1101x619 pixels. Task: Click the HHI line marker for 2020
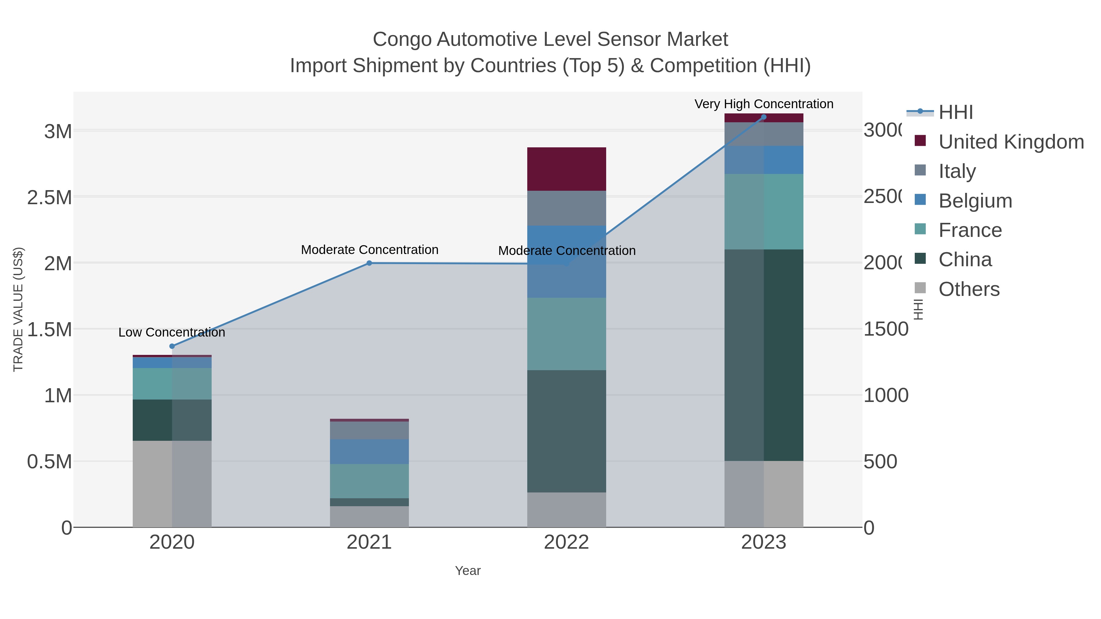point(172,346)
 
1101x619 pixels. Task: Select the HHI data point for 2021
point(369,263)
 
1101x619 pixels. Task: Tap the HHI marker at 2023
point(764,117)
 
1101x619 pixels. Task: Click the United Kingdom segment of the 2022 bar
point(566,169)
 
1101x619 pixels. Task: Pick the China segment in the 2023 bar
point(764,355)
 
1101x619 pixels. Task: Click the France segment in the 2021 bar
point(369,481)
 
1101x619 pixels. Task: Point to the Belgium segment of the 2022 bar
point(566,261)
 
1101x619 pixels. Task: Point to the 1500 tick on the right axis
point(885,329)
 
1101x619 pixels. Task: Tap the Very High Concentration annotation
point(764,104)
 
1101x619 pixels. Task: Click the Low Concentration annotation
point(172,332)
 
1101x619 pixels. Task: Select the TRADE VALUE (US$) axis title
point(18,309)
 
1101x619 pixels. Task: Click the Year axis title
point(468,571)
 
